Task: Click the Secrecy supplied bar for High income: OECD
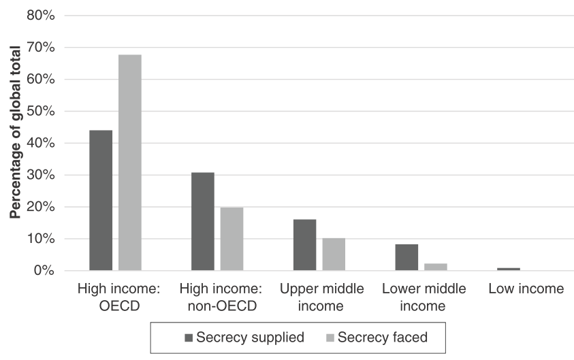click(x=101, y=201)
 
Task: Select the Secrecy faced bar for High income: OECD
click(x=130, y=163)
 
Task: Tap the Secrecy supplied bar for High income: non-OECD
click(x=203, y=222)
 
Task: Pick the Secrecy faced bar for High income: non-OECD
click(x=232, y=239)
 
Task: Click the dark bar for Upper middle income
click(x=304, y=245)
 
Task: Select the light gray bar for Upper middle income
click(x=334, y=255)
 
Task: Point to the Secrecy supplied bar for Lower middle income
click(x=406, y=257)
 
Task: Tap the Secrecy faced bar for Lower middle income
click(x=436, y=267)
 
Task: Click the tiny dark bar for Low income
click(x=509, y=269)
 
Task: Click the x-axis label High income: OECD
click(x=118, y=297)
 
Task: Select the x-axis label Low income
click(x=526, y=289)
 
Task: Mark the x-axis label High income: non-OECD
click(x=220, y=297)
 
